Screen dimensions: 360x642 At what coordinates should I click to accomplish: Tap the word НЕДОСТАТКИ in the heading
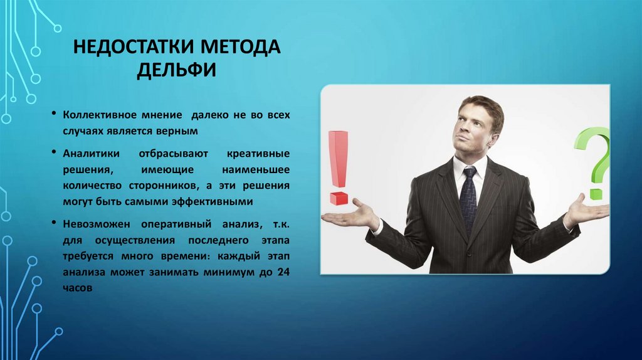pyautogui.click(x=128, y=48)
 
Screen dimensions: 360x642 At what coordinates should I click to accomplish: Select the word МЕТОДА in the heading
pyautogui.click(x=239, y=48)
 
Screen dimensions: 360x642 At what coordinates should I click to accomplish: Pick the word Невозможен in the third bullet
pyautogui.click(x=93, y=224)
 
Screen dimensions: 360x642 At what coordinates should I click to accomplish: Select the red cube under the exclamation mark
pyautogui.click(x=339, y=199)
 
